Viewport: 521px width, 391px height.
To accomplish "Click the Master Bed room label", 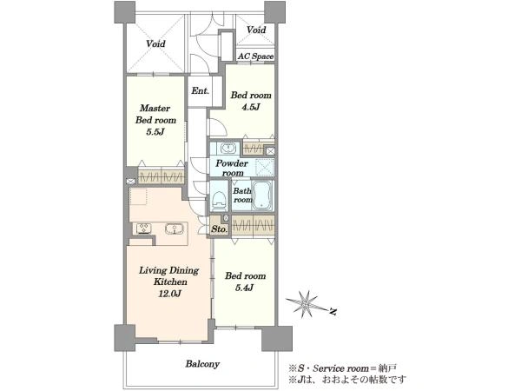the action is point(155,114).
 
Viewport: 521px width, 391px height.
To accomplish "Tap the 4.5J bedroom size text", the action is point(251,107).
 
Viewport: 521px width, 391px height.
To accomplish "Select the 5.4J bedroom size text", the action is point(245,288).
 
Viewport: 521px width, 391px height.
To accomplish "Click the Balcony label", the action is point(202,364).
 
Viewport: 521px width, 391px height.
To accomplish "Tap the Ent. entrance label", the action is point(200,90).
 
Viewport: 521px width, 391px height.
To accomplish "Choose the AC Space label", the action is point(256,56).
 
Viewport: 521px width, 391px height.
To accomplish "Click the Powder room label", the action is point(232,168).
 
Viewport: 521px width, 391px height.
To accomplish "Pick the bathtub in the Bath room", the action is point(262,195).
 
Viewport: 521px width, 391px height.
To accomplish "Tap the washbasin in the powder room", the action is point(228,148).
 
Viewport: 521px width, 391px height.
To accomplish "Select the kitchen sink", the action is point(175,229).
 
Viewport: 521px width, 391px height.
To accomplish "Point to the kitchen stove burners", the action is point(144,229).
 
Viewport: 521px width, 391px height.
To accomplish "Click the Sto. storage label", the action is point(220,229).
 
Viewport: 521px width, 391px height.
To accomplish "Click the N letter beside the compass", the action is point(333,312).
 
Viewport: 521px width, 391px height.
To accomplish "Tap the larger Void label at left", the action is point(155,43).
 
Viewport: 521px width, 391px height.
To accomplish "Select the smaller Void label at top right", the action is point(256,30).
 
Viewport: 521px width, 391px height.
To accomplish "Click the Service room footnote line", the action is point(342,368).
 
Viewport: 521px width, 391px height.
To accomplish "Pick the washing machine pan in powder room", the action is point(265,167).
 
